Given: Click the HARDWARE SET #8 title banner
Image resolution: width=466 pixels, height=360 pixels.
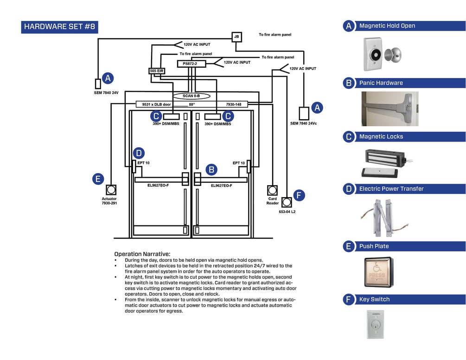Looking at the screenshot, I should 59,26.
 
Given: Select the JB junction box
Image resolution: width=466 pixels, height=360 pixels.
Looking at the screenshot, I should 236,37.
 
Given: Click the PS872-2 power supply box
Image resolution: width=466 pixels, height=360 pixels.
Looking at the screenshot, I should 191,64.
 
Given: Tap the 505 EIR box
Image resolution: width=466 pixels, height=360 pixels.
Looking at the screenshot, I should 157,71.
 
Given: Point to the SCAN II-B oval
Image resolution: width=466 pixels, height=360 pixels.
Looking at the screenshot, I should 191,96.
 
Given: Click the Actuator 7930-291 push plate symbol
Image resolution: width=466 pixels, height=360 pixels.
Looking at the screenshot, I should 111,190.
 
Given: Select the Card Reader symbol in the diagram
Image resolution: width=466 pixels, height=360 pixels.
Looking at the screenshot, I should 272,190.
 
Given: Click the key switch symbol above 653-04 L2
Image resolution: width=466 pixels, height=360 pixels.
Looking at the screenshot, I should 287,202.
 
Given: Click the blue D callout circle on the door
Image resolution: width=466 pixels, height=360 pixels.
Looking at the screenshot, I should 139,153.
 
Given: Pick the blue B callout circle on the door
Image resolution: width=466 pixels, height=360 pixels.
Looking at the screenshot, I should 211,169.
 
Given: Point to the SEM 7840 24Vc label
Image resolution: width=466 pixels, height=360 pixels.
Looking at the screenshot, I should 304,123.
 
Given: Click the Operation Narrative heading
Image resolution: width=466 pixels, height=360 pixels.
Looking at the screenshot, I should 142,254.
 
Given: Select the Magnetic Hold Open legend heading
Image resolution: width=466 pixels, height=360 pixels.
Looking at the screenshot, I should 387,26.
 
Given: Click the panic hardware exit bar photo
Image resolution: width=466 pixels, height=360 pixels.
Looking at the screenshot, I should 390,109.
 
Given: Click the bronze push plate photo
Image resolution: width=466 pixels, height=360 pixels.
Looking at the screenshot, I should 378,272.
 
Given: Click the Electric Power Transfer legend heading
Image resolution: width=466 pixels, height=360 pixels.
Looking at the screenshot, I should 391,189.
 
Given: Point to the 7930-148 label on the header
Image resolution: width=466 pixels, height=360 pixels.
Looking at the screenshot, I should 234,104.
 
